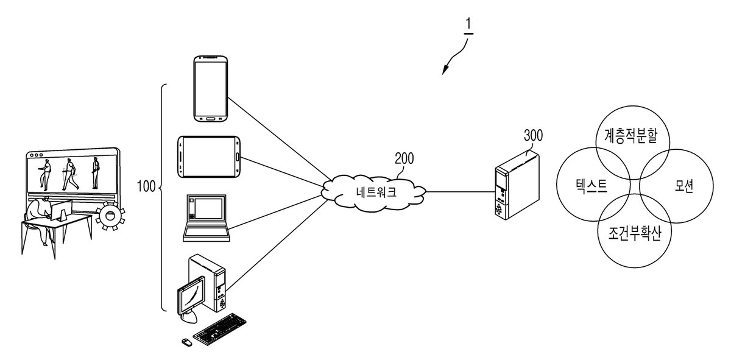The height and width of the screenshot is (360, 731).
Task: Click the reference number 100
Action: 146,186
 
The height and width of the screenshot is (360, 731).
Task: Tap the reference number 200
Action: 404,158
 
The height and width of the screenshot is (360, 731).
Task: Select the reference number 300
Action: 533,135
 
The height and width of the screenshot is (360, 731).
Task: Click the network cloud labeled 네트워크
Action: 373,193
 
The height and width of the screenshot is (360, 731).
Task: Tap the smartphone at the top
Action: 211,89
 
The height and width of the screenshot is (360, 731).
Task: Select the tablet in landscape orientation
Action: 209,157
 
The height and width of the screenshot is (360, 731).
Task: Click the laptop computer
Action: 207,218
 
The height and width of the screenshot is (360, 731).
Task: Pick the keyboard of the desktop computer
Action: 220,330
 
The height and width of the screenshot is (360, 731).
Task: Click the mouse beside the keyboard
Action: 186,342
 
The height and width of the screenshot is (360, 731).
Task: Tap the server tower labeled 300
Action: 517,185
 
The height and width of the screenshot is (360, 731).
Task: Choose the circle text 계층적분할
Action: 631,136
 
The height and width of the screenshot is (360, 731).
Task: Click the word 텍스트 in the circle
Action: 591,186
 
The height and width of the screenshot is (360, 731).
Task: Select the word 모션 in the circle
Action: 683,186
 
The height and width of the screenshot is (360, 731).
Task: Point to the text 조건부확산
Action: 634,233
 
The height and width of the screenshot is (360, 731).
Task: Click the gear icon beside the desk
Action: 111,216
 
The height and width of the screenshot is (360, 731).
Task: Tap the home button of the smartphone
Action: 211,118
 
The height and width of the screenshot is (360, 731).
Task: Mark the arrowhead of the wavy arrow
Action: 445,70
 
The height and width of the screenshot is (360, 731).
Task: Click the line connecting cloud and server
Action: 461,192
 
